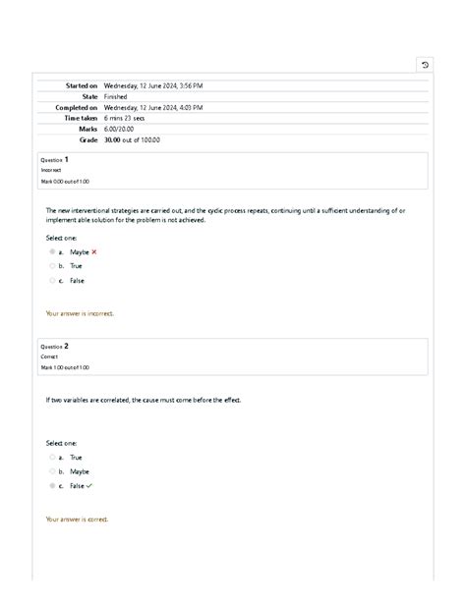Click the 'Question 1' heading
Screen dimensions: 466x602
pyautogui.click(x=54, y=159)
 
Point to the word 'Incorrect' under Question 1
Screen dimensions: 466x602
pyautogui.click(x=51, y=170)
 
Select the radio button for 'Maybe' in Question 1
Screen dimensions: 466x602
pyautogui.click(x=52, y=252)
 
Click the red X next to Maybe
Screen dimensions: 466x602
pyautogui.click(x=94, y=252)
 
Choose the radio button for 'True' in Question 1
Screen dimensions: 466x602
pyautogui.click(x=52, y=266)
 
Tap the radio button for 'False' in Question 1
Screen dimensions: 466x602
pyautogui.click(x=52, y=280)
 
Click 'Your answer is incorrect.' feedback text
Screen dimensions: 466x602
pyautogui.click(x=80, y=314)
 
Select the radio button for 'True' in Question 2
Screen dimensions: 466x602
pyautogui.click(x=52, y=457)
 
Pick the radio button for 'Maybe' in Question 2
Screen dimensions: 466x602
pyautogui.click(x=52, y=471)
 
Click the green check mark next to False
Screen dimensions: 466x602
pyautogui.click(x=89, y=485)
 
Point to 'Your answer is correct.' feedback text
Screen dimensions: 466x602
pyautogui.click(x=77, y=520)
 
